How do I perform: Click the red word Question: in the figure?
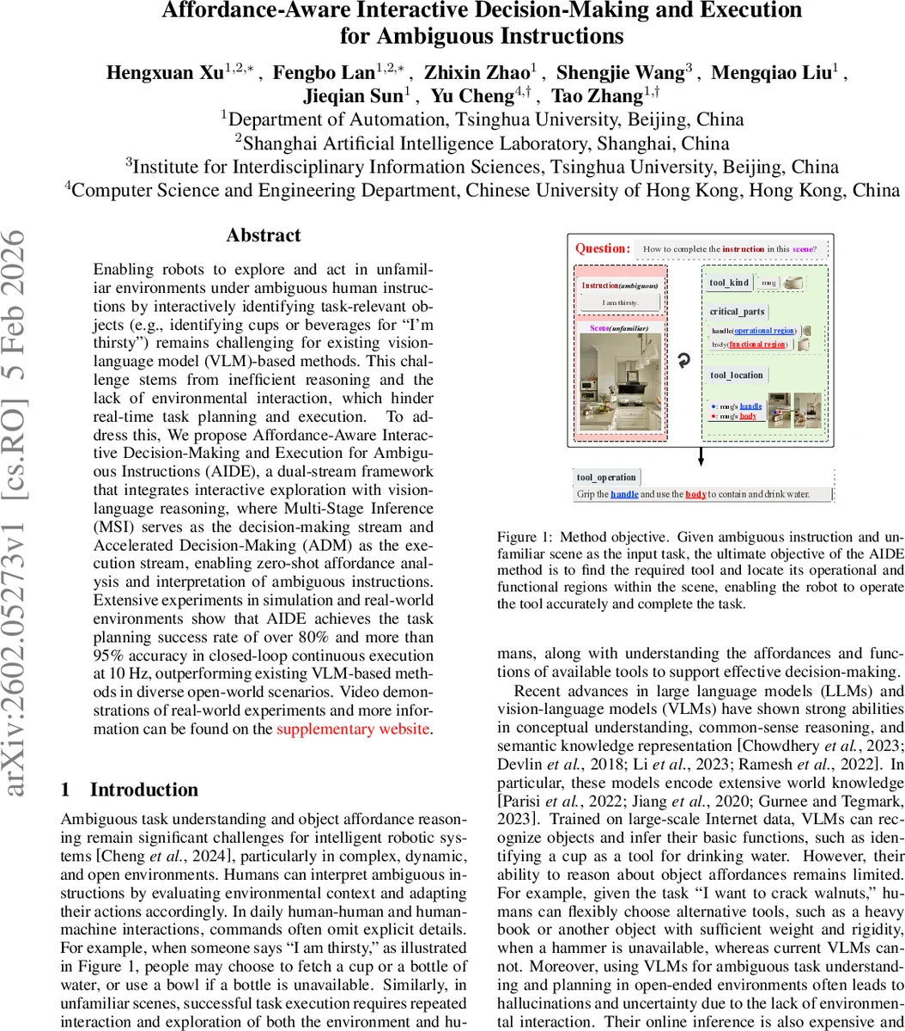coord(603,249)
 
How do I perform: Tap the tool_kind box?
coord(729,282)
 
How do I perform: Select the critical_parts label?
coord(738,313)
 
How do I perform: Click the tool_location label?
coord(737,375)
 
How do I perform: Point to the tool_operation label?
coord(606,478)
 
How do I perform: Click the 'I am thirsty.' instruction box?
coord(620,302)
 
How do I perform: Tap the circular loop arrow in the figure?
coord(683,361)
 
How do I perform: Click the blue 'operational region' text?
coord(764,331)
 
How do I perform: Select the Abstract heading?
coord(264,235)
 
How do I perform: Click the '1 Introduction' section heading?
coord(131,790)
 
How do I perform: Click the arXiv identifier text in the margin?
coord(22,515)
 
